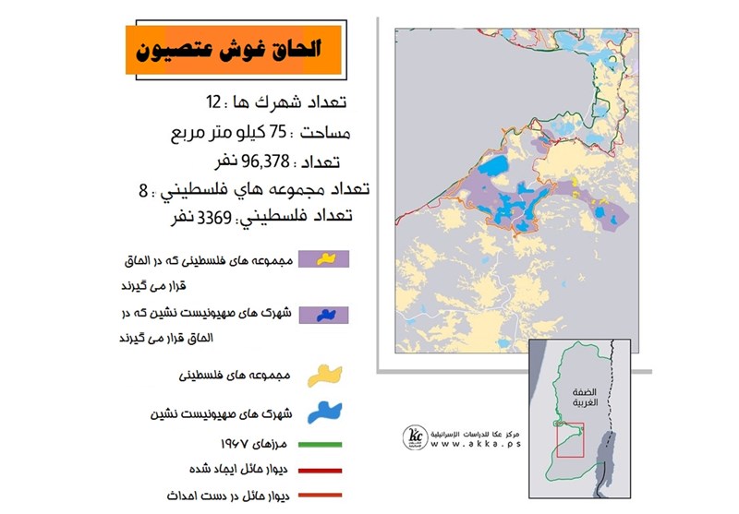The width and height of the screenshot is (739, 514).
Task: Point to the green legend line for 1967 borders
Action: point(315,443)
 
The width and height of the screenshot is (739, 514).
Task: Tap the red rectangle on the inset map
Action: point(569,440)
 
